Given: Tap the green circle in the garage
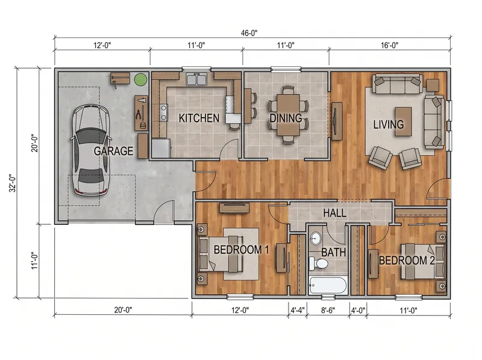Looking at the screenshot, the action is [140, 80].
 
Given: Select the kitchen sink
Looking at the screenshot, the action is [196, 80].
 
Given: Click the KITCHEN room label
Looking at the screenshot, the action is [199, 118].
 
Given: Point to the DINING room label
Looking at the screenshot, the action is [286, 118].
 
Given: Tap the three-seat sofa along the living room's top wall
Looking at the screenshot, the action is [397, 84].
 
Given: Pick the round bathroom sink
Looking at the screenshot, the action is [315, 238].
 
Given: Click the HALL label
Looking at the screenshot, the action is [335, 213].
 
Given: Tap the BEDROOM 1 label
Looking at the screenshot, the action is [242, 250].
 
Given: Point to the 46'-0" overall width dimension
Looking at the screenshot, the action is [249, 33].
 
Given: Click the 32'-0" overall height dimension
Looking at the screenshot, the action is [13, 183].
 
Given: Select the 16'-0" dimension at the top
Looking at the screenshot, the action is [389, 45].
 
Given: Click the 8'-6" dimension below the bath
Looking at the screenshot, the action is [328, 310].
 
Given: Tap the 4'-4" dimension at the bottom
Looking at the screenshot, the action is [298, 310].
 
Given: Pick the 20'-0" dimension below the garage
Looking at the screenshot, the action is [123, 310].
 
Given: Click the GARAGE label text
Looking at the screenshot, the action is [113, 151].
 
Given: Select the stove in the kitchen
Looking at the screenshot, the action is [163, 112].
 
